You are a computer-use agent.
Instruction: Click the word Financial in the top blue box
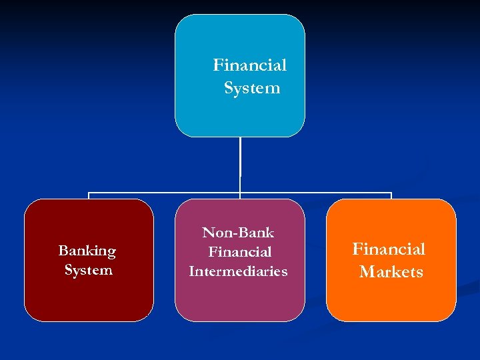tap(249, 65)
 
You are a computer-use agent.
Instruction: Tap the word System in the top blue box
tap(252, 88)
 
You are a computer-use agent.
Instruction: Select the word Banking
tap(87, 251)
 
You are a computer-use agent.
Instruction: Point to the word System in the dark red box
tap(88, 270)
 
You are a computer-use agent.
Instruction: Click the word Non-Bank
tap(238, 233)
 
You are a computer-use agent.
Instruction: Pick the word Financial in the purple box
tap(239, 252)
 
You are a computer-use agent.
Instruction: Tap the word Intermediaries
tap(238, 271)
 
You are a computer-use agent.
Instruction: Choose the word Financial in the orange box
tap(389, 249)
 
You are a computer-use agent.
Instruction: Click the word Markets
tap(391, 272)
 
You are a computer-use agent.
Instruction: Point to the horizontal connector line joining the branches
tap(167, 194)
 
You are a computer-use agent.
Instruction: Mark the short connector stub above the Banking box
tap(89, 197)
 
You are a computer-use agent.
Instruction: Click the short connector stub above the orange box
tap(391, 197)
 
